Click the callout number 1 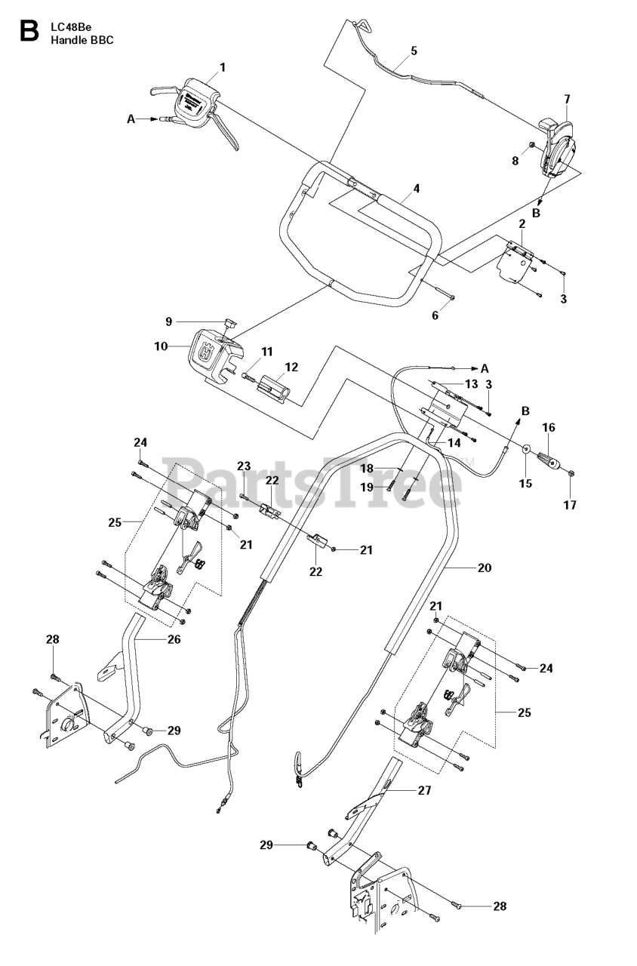[x=223, y=68]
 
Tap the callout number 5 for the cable [x=414, y=51]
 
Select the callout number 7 [x=567, y=99]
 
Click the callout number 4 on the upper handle [x=416, y=188]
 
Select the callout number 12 [x=291, y=367]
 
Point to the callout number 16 [x=549, y=427]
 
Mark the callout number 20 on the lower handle [x=485, y=568]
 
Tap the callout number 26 [x=174, y=638]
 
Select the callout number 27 [x=424, y=790]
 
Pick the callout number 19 [x=367, y=488]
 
